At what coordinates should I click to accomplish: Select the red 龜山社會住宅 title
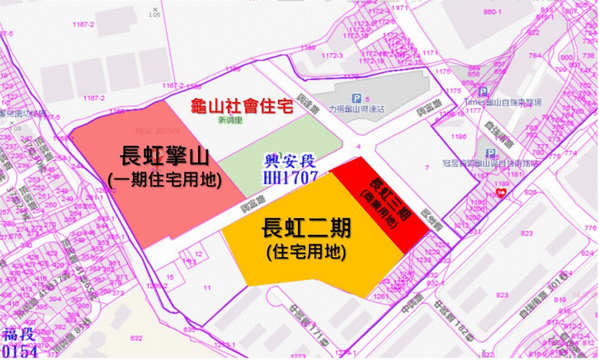click(x=241, y=107)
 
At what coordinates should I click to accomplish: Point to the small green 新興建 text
click(x=230, y=121)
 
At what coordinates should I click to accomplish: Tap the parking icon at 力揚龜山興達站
click(x=356, y=97)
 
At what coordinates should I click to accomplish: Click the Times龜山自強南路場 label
click(x=504, y=101)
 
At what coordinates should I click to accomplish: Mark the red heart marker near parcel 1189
click(x=502, y=195)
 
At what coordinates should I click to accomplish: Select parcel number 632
click(x=137, y=337)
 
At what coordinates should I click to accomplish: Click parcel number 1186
click(x=460, y=137)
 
